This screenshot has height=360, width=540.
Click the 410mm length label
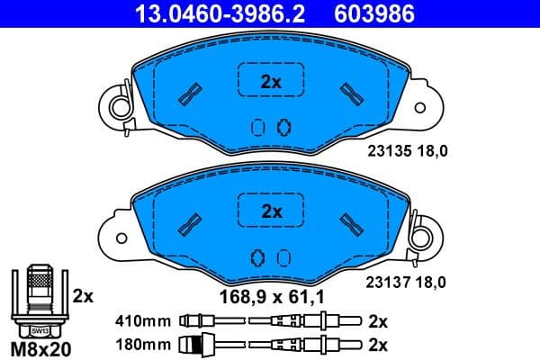point(143,319)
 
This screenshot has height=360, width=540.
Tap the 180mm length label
point(143,342)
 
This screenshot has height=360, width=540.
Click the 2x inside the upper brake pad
point(270,82)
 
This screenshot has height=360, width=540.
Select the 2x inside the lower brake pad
point(270,212)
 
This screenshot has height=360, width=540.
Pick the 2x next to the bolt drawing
point(83,294)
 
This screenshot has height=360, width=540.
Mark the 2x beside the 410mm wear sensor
point(378,319)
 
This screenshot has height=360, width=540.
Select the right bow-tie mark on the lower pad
point(349,222)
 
